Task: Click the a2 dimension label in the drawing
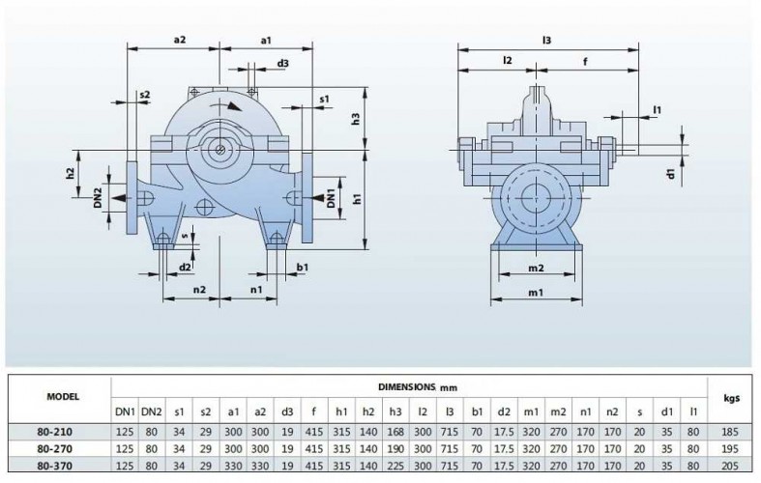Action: [x=179, y=39]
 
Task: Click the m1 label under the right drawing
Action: [x=536, y=293]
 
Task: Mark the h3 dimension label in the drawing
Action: [x=355, y=120]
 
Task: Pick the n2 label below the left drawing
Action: [x=199, y=289]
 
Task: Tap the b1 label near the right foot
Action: [x=303, y=267]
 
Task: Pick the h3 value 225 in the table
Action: [x=395, y=465]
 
